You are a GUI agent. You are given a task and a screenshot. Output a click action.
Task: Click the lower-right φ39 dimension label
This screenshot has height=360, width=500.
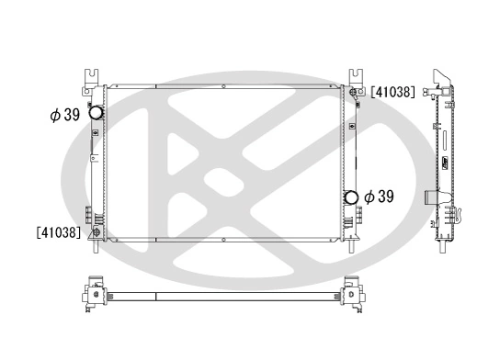[379, 197]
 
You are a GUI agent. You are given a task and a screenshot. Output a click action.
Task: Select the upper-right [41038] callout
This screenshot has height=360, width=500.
[393, 92]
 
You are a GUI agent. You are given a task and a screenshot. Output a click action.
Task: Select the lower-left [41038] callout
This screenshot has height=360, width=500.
[59, 233]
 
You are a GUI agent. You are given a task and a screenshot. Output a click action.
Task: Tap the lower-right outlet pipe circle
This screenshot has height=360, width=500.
[351, 197]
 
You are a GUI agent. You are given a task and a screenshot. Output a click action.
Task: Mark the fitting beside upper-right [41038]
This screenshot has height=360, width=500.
[353, 93]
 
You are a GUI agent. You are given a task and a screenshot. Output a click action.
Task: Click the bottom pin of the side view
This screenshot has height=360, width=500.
[443, 246]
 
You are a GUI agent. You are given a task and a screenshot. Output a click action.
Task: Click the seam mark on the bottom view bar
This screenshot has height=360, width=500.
[155, 296]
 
